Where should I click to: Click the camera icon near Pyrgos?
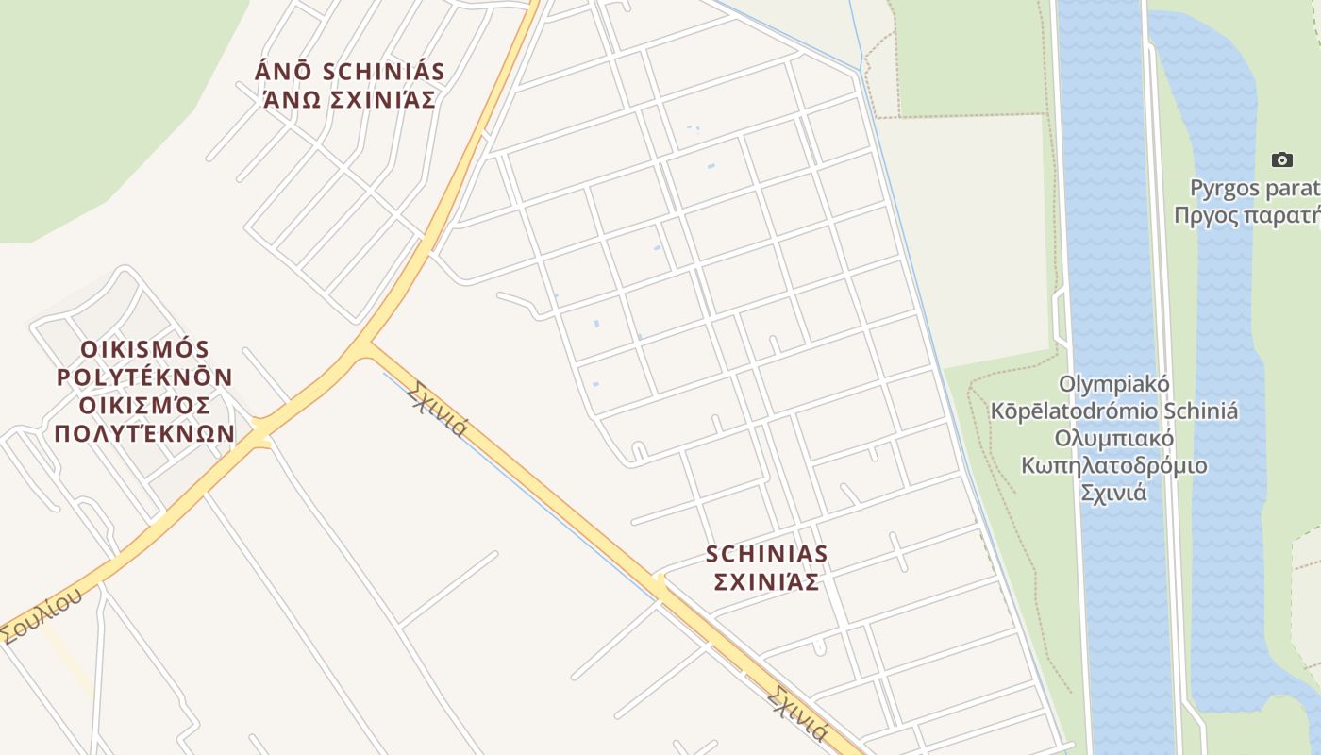(1281, 159)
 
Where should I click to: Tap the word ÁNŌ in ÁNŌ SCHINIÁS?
(284, 73)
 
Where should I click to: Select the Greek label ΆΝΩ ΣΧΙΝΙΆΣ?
(349, 99)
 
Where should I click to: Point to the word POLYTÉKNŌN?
(144, 377)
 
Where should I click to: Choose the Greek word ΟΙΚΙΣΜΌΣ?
(144, 406)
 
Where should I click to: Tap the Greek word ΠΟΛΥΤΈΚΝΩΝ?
(144, 434)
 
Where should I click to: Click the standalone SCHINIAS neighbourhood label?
(766, 554)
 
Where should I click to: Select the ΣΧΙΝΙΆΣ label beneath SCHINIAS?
(766, 582)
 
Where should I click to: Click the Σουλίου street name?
(42, 614)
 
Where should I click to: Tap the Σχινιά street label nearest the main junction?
(437, 410)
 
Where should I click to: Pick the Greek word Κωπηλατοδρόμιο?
(1114, 466)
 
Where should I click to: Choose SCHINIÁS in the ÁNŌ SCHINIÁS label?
(383, 73)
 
